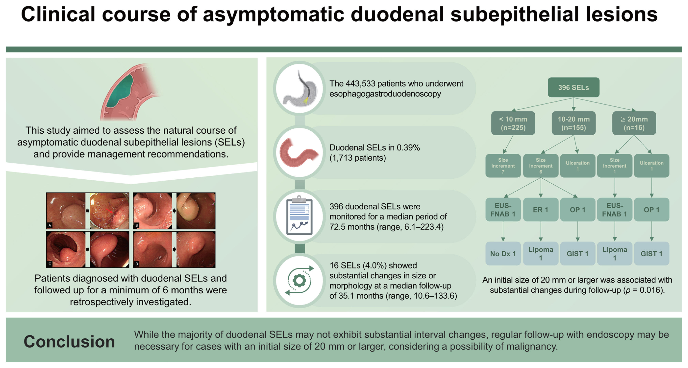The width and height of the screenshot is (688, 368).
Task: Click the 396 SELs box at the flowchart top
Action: [x=573, y=87]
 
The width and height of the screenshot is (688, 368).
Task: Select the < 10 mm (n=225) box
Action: [x=513, y=123]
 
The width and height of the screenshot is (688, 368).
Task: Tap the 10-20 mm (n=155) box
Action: [x=573, y=123]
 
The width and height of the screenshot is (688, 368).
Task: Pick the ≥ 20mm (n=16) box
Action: [x=634, y=123]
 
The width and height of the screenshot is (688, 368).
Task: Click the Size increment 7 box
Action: [x=503, y=166]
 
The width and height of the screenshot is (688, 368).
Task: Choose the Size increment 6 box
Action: [x=541, y=166]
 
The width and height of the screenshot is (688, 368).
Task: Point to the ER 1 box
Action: [x=541, y=210]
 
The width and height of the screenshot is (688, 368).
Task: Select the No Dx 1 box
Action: [x=503, y=254]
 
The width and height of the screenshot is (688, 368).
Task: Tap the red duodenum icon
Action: [x=299, y=153]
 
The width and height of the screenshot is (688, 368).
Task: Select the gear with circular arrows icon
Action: [x=299, y=280]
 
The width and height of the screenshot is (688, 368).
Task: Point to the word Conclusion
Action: [x=69, y=341]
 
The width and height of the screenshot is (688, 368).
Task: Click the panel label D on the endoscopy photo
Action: [x=137, y=264]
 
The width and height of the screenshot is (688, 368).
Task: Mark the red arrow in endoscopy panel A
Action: [x=109, y=211]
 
